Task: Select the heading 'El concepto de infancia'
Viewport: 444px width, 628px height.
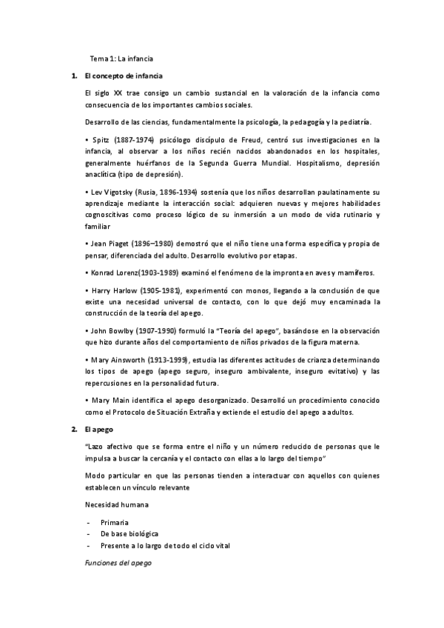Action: coord(124,76)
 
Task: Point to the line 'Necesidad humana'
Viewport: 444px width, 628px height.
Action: coord(117,504)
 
